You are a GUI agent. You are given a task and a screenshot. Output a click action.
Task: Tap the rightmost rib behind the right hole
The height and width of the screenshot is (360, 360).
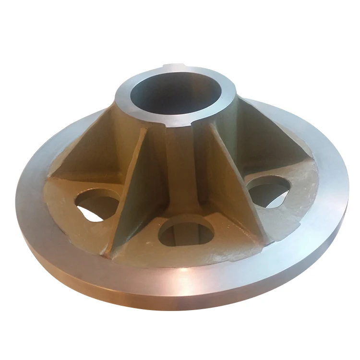pyautogui.click(x=283, y=144)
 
